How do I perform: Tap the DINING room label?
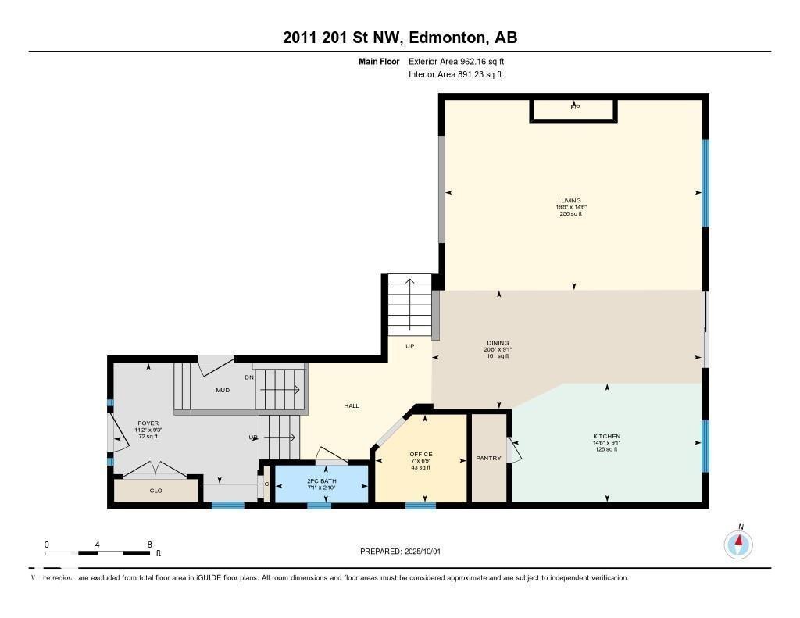coord(497,343)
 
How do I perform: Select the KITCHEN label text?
coord(606,436)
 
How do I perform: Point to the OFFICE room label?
coord(420,454)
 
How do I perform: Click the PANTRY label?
coord(488,458)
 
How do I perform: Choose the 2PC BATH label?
coord(320,481)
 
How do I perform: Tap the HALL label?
coord(352,405)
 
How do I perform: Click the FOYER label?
coord(148,423)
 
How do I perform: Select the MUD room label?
coord(223,390)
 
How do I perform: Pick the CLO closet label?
coord(155,491)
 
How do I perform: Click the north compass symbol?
coord(738,543)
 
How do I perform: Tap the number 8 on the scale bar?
coord(149,544)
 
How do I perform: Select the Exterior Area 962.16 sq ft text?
coord(462,61)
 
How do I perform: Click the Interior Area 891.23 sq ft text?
coord(455,75)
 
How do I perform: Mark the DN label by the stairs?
coord(249,377)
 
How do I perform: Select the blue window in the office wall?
coord(420,505)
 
